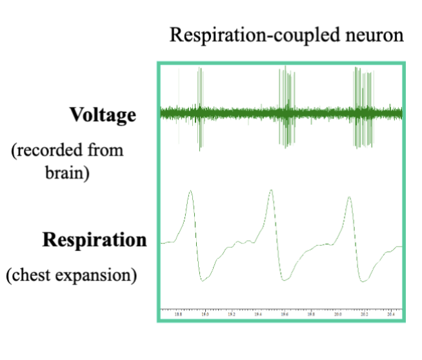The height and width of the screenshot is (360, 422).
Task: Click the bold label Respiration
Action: (95, 240)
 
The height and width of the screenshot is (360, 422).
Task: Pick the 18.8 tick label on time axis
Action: (179, 315)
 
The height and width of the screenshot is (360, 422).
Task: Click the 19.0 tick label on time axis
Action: (205, 315)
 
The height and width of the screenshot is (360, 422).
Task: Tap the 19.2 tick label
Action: (232, 315)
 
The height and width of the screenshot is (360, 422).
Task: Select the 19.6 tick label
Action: (285, 315)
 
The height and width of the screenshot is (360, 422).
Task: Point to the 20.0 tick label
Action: (337, 315)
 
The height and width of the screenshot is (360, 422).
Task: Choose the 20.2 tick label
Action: (364, 315)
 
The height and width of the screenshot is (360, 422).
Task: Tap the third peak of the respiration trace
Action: (349, 197)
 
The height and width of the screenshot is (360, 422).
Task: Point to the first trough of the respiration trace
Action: (203, 281)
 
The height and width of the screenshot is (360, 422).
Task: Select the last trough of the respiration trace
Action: (364, 281)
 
